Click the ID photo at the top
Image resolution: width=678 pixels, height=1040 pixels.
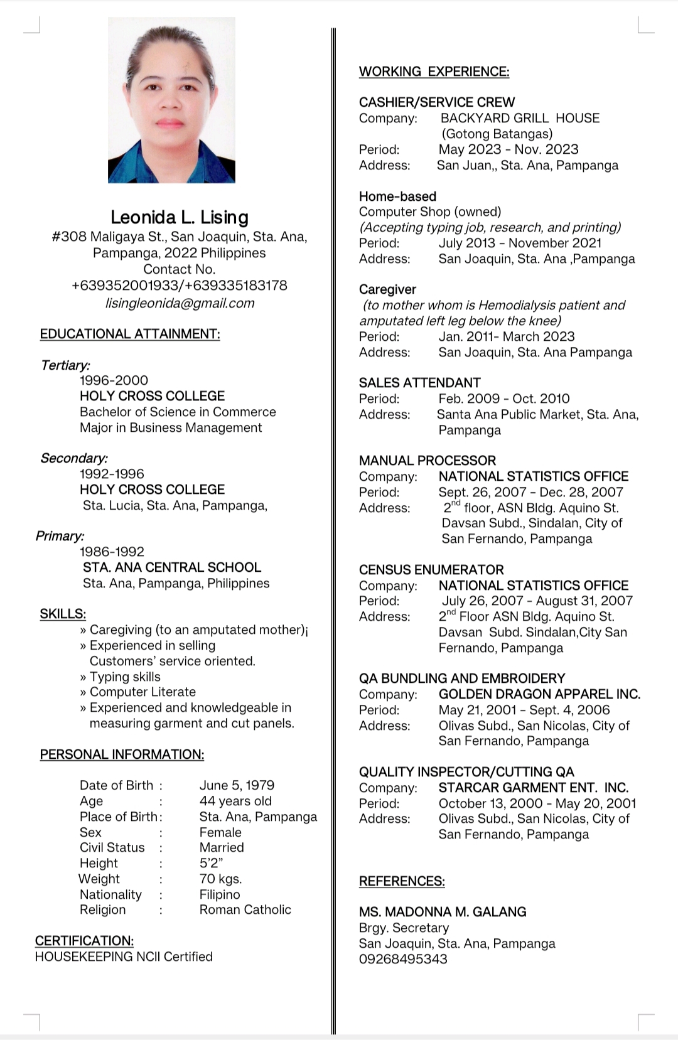(171, 100)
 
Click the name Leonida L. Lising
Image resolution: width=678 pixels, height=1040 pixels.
(180, 217)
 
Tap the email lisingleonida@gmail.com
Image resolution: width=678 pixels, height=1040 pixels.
(180, 303)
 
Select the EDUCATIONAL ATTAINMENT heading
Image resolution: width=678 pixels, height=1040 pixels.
(130, 334)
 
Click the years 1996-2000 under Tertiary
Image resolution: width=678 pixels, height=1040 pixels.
(114, 380)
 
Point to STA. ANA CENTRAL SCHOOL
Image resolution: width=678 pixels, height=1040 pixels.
(172, 567)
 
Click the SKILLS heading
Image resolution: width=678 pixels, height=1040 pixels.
(63, 614)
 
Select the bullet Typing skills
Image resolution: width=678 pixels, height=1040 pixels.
(124, 677)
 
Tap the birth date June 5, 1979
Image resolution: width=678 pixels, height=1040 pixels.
(237, 785)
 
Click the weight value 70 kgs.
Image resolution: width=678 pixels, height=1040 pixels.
(220, 879)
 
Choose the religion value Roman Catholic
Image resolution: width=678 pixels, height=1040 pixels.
(245, 909)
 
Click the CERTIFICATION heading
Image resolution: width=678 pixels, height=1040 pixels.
(84, 941)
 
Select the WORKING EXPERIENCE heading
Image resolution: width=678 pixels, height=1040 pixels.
(434, 72)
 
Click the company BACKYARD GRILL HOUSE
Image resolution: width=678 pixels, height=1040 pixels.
(520, 118)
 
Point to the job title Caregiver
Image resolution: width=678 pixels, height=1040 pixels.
(387, 289)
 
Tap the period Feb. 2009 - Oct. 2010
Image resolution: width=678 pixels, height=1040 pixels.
(503, 399)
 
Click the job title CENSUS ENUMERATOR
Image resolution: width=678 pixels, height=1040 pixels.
(431, 570)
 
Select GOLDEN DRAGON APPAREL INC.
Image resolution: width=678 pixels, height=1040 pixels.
(539, 694)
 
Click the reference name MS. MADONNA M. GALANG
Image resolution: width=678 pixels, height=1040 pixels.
(443, 912)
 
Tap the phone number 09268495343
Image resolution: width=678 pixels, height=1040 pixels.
(403, 959)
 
